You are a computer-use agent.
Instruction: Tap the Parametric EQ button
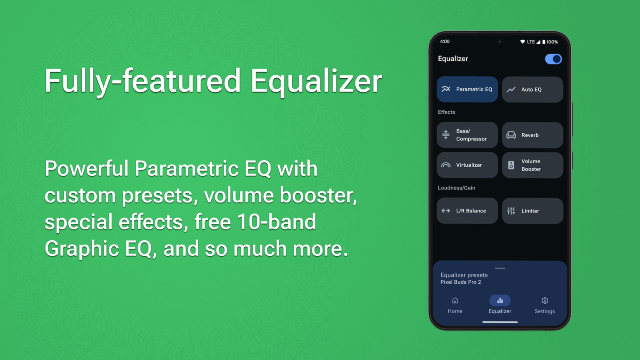click(467, 89)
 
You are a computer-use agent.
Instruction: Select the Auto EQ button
click(532, 89)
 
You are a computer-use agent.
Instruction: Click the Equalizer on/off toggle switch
click(553, 59)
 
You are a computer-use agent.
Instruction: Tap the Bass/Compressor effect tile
click(467, 135)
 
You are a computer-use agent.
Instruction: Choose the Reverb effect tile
click(532, 135)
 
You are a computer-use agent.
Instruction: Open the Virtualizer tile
click(467, 165)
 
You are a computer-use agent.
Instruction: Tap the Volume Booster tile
click(532, 165)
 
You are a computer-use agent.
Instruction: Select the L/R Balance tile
click(467, 211)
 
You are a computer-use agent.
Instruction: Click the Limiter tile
click(532, 211)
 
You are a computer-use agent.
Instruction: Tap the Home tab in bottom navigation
click(455, 305)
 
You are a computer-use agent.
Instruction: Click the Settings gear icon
click(545, 300)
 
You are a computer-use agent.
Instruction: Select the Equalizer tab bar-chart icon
click(500, 300)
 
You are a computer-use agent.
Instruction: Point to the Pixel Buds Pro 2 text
click(460, 282)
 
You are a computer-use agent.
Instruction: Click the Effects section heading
click(446, 112)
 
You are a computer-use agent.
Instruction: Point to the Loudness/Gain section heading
click(456, 188)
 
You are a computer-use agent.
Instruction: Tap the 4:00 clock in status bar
click(445, 42)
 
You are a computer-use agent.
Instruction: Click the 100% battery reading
click(552, 42)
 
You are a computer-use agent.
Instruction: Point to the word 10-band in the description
click(276, 222)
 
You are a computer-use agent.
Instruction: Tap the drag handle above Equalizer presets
click(500, 268)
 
